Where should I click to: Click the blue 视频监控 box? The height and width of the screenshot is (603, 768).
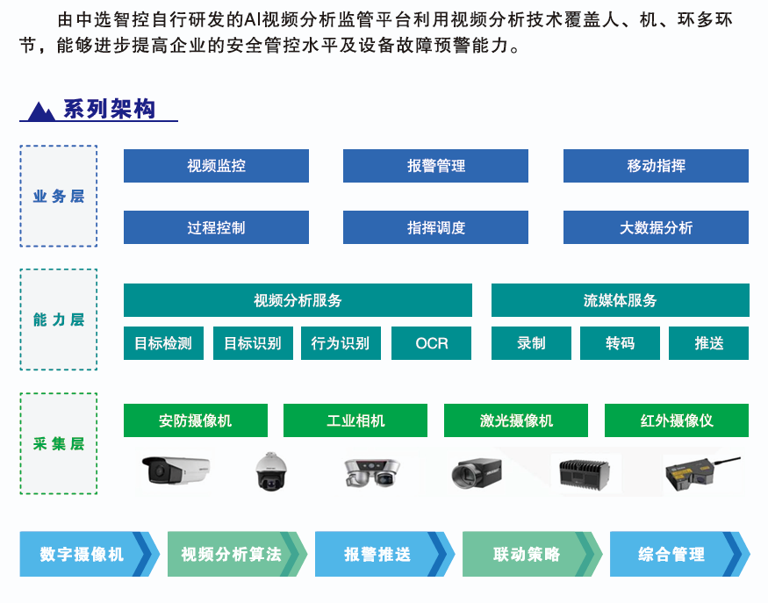click(216, 166)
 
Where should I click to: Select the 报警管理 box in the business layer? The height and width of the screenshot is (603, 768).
click(435, 166)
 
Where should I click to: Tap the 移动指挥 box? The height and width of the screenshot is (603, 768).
click(656, 166)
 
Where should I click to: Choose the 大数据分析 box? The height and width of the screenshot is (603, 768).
click(656, 227)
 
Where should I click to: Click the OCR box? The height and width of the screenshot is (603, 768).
click(431, 343)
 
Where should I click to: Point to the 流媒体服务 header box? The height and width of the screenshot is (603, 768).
click(620, 300)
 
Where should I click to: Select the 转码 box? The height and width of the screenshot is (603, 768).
click(620, 343)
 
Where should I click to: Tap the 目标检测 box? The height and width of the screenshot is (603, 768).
click(162, 343)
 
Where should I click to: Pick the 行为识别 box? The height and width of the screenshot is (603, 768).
click(341, 343)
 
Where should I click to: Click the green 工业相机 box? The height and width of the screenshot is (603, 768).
click(355, 420)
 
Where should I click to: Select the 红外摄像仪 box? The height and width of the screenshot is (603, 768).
click(676, 420)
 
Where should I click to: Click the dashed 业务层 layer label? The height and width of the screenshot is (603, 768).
click(59, 197)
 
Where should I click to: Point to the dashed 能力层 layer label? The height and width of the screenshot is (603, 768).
click(59, 319)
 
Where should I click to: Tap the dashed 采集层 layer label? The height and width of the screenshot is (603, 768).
click(59, 443)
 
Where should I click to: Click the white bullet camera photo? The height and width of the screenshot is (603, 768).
click(176, 470)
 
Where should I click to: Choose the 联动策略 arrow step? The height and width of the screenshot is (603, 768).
click(527, 554)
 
